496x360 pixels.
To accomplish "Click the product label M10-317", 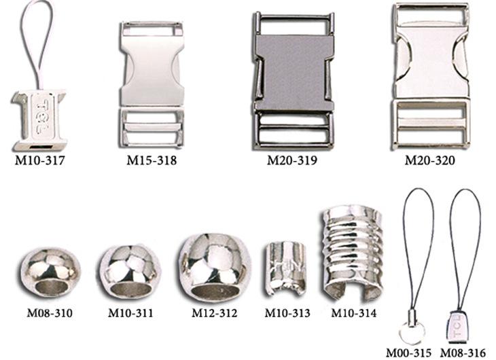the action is pyautogui.click(x=40, y=160).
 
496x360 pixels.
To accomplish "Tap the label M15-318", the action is pyautogui.click(x=152, y=160).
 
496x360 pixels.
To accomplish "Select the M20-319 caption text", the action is pyautogui.click(x=292, y=160).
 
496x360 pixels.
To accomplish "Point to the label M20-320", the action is pyautogui.click(x=430, y=160).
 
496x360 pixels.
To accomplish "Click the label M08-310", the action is pyautogui.click(x=50, y=313).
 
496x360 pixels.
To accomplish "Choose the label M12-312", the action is pyautogui.click(x=215, y=313).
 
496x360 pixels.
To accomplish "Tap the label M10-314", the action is pyautogui.click(x=354, y=313).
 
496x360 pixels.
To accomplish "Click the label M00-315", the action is pyautogui.click(x=409, y=353).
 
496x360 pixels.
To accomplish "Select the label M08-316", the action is pyautogui.click(x=463, y=353).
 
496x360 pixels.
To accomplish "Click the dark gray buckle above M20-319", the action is pyautogui.click(x=294, y=81).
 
